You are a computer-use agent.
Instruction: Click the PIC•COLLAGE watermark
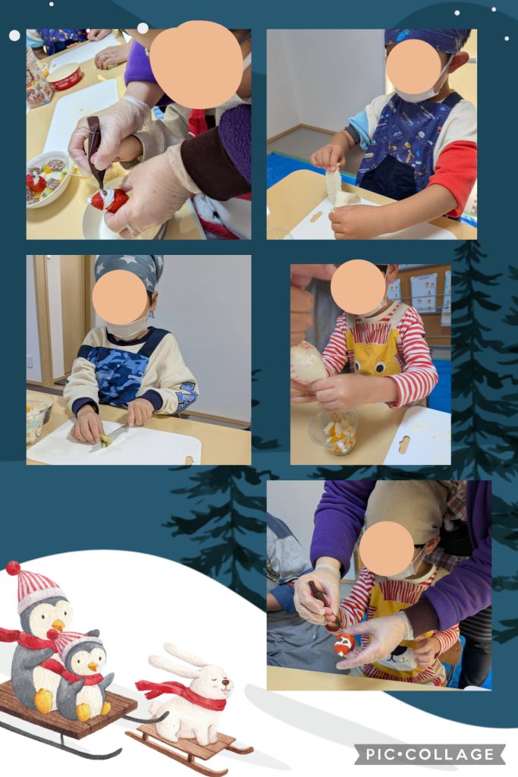coord(430,754)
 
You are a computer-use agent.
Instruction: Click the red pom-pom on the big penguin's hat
coord(14,568)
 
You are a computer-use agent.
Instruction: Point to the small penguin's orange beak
coord(92,667)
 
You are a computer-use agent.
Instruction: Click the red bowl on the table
coord(64,77)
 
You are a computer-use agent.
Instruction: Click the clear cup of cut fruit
coord(334,432)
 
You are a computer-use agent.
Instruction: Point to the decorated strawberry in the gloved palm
coord(344,643)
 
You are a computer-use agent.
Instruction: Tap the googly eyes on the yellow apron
coord(374,366)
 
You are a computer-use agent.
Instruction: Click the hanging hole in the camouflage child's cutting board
coord(188,461)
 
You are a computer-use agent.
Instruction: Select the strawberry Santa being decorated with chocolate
coord(109,200)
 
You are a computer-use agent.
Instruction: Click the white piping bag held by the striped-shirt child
coord(307,363)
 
